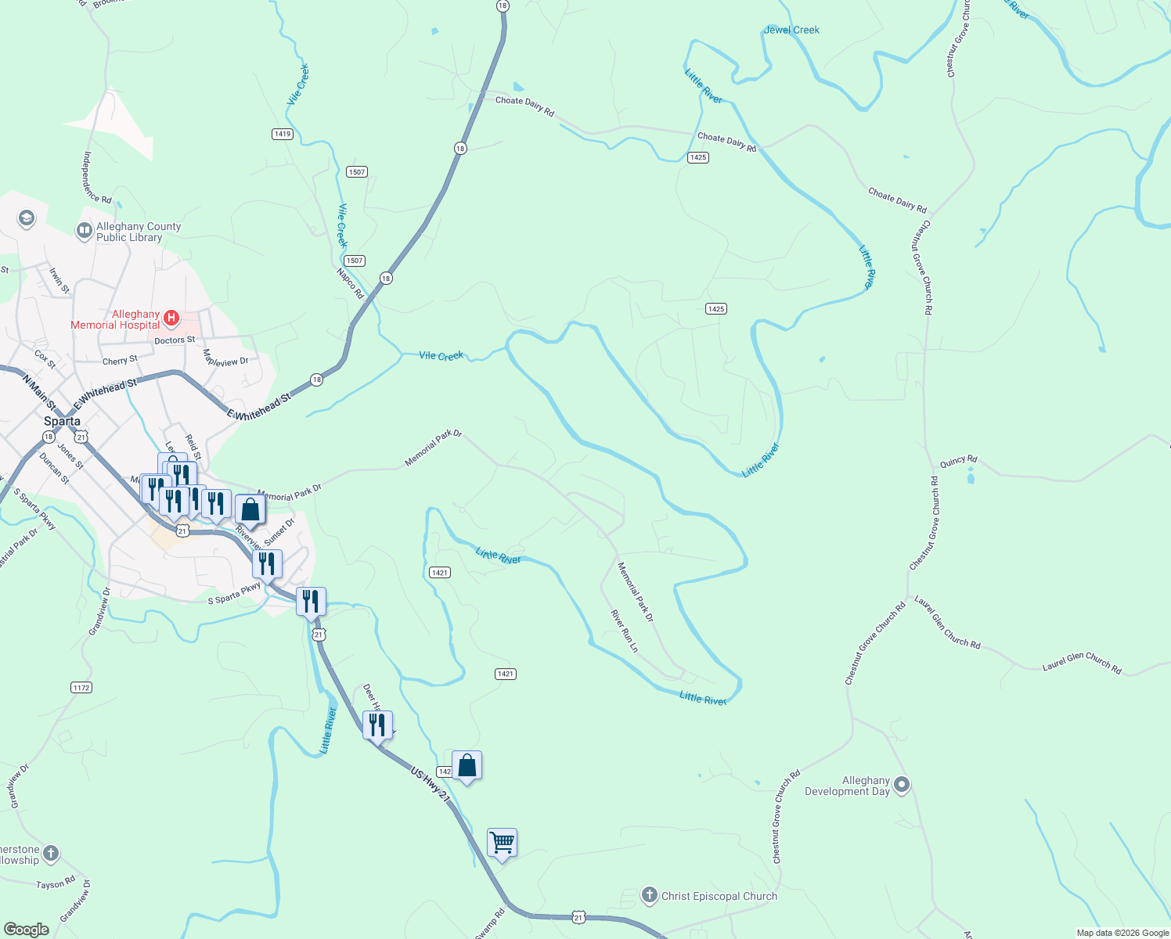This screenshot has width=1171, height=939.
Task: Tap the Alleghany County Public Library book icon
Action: [x=84, y=231]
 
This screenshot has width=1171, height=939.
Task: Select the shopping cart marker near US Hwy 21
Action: [x=502, y=844]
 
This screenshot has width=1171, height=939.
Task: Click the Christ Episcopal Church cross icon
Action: [x=649, y=895]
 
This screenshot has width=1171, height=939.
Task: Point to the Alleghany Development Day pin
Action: [x=902, y=785]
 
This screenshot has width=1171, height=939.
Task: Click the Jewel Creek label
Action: [x=791, y=30]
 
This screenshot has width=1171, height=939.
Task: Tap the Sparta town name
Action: [x=62, y=421]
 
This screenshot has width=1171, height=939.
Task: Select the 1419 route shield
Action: [x=283, y=134]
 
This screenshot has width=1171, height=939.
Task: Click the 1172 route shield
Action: [x=81, y=688]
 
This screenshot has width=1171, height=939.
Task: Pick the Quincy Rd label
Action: [x=958, y=462]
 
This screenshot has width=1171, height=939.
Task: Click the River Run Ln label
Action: [x=624, y=631]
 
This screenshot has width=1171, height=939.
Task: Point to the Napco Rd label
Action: [x=350, y=283]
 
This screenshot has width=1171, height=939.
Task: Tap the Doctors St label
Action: [x=175, y=340]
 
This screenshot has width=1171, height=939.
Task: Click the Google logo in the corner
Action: [x=27, y=930]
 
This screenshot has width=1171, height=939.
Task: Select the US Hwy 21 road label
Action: [x=431, y=784]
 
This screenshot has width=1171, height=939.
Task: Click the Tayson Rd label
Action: [x=56, y=884]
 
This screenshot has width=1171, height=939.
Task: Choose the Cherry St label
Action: [x=120, y=361]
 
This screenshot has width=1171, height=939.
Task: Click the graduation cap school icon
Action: [x=27, y=218]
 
